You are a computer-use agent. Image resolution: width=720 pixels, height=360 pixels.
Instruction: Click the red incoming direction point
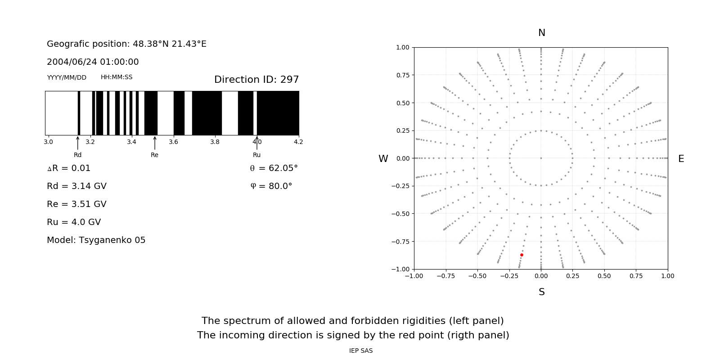click(522, 255)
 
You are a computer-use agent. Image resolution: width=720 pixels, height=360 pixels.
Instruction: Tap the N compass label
click(542, 33)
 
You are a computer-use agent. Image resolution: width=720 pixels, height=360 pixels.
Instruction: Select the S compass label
click(542, 292)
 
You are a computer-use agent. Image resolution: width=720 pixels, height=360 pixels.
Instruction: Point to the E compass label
click(681, 159)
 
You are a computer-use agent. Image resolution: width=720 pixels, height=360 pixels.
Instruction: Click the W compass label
click(383, 159)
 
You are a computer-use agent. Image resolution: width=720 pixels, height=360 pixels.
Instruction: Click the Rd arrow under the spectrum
click(78, 143)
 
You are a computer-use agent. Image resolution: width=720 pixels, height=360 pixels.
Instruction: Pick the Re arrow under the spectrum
click(155, 143)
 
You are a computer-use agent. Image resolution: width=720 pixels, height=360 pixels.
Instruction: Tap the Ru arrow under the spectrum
click(257, 143)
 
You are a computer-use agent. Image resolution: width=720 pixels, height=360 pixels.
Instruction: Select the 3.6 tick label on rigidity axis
click(173, 142)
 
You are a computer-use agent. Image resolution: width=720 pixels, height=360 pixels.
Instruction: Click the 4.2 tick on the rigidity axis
click(298, 142)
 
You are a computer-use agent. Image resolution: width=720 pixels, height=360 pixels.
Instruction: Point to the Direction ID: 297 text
click(256, 80)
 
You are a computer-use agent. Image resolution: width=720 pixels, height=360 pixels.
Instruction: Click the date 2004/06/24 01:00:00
click(93, 62)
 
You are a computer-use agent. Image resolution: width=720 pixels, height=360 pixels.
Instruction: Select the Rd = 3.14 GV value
click(76, 186)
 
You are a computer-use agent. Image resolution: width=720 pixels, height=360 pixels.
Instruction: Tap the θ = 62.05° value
click(274, 168)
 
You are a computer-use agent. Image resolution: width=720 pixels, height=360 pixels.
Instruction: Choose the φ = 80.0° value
click(271, 186)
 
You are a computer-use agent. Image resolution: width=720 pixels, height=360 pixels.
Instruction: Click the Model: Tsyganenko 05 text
click(96, 240)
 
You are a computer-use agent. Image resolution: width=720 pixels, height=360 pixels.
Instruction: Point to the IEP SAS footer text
click(361, 351)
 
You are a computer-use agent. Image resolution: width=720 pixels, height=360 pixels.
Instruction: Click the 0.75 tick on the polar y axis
click(402, 75)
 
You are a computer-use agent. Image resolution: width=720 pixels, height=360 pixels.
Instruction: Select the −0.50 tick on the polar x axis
click(477, 276)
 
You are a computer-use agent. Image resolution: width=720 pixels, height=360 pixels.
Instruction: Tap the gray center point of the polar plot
click(541, 158)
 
